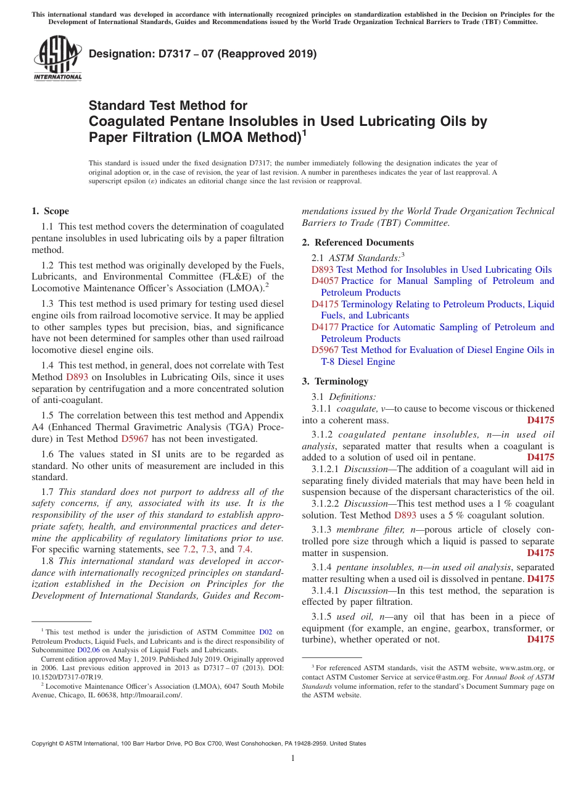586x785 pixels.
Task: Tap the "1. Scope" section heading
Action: coord(50,211)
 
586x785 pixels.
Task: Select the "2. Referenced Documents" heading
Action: coord(358,243)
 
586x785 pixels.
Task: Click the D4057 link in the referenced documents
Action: coord(323,281)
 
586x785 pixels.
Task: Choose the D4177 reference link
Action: coord(324,327)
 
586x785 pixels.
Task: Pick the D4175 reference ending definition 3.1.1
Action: coord(540,420)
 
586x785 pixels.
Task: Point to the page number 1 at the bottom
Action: coord(293,759)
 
